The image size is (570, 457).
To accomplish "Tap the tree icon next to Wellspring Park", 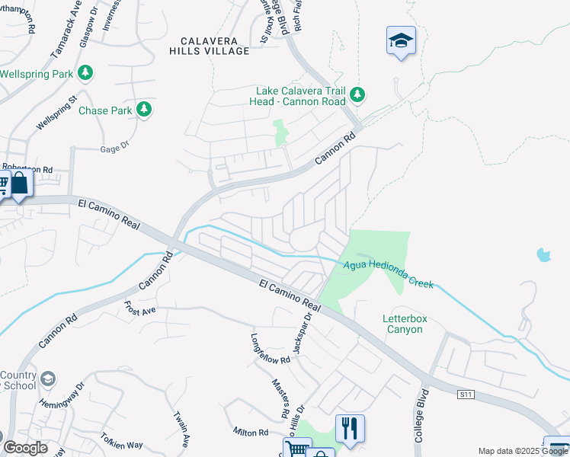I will pyautogui.click(x=86, y=73).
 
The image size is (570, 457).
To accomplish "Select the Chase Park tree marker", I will pyautogui.click(x=143, y=110).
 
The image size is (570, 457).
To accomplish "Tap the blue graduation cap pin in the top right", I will pyautogui.click(x=400, y=41).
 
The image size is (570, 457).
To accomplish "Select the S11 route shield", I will pyautogui.click(x=466, y=395).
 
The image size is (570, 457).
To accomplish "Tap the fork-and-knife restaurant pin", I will pyautogui.click(x=350, y=428).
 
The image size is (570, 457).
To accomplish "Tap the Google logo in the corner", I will pyautogui.click(x=25, y=448).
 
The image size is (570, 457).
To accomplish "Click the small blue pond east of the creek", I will pyautogui.click(x=543, y=254).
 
